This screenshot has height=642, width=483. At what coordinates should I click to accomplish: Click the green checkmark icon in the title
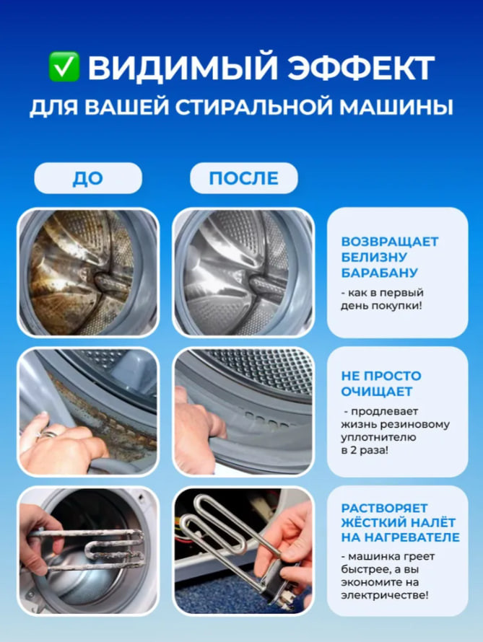pos(64,66)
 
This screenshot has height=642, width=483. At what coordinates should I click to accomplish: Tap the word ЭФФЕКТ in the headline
pos(360,68)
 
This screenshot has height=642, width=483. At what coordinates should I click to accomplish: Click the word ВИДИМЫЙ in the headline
pos(183,67)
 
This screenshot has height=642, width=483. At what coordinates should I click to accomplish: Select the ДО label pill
pos(88,178)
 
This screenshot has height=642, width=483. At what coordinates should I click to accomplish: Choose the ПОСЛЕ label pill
pos(244,178)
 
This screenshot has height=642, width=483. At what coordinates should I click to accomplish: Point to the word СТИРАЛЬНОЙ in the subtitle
pos(254,107)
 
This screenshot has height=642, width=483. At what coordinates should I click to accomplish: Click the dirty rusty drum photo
pos(88,272)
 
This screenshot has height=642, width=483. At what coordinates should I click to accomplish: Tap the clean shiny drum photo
pos(243,272)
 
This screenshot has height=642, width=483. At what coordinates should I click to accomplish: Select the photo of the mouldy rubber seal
pos(88,411)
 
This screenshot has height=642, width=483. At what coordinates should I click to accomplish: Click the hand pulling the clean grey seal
pos(198,428)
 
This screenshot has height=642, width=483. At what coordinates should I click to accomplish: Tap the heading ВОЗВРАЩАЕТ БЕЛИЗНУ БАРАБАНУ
pos(390,257)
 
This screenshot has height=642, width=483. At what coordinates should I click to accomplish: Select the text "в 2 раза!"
pos(364,450)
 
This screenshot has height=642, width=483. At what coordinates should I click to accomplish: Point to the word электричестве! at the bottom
pos(385,595)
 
